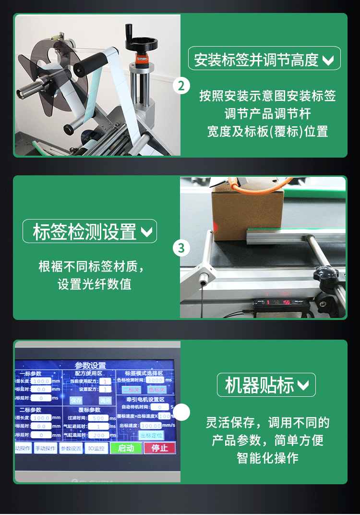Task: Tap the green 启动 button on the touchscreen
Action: click(x=126, y=448)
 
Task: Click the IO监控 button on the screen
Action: click(x=96, y=448)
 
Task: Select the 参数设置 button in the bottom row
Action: click(x=71, y=448)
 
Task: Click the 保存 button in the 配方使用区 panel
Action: click(x=76, y=400)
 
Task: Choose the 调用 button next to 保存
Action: click(x=105, y=400)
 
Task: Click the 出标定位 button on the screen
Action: click(x=151, y=435)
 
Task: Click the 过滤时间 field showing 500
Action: click(x=99, y=418)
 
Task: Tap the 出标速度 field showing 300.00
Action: click(x=151, y=426)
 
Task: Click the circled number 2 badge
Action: click(x=181, y=86)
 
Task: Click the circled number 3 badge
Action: click(x=181, y=248)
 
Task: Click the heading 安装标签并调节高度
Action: click(x=264, y=60)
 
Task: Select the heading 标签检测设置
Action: click(x=90, y=232)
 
